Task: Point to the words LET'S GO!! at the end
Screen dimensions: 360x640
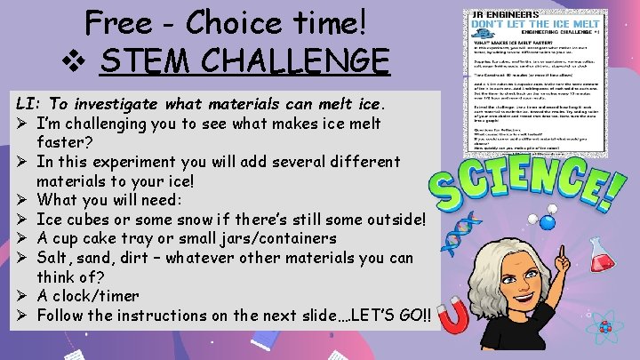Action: point(389,316)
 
